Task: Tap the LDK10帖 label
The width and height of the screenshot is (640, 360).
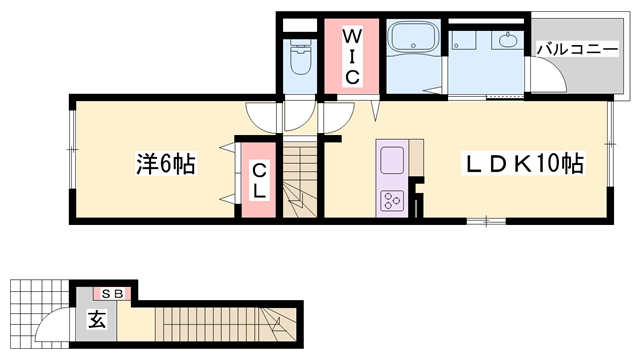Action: point(521,163)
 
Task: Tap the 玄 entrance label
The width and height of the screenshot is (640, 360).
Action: point(97,321)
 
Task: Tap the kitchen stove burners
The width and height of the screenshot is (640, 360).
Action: point(389,200)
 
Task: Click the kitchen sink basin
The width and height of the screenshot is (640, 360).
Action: point(390,160)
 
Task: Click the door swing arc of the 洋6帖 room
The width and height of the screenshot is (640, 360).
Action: point(263,117)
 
